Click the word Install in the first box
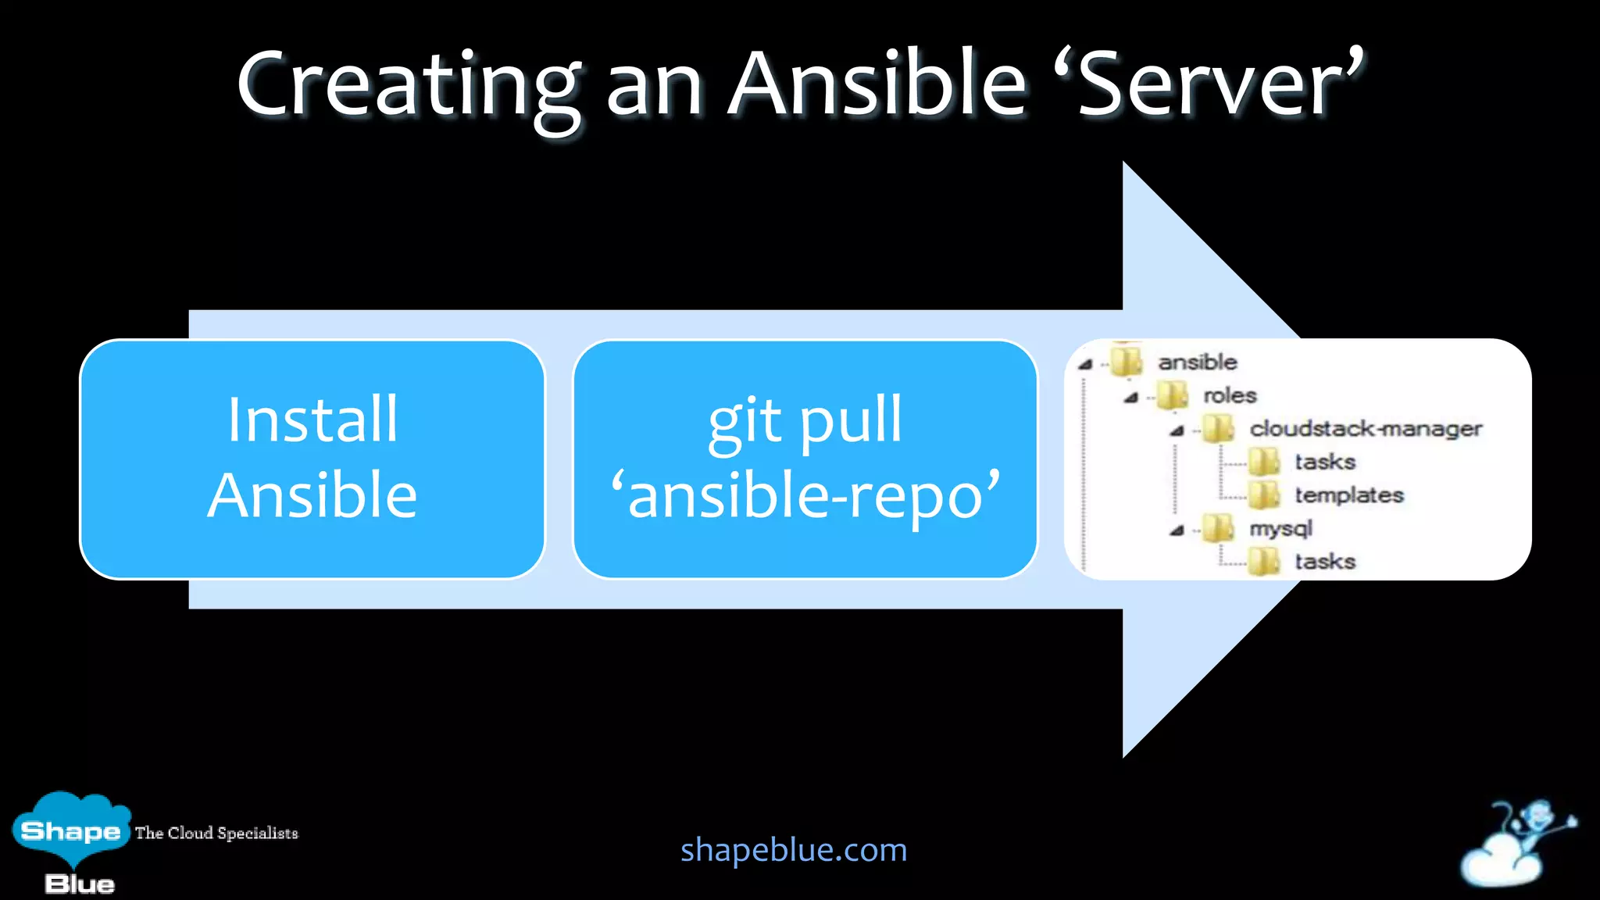(312, 420)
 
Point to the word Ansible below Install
(312, 495)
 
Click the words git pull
(805, 420)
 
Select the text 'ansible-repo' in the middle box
(805, 495)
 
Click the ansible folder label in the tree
(1197, 362)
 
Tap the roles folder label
(1230, 395)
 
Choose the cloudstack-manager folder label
(1366, 429)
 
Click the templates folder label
(1349, 495)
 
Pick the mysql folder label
(1280, 529)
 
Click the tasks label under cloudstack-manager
(1325, 462)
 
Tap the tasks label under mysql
(1325, 562)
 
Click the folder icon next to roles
(1173, 395)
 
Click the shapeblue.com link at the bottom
(794, 850)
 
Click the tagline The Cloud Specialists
(216, 833)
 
